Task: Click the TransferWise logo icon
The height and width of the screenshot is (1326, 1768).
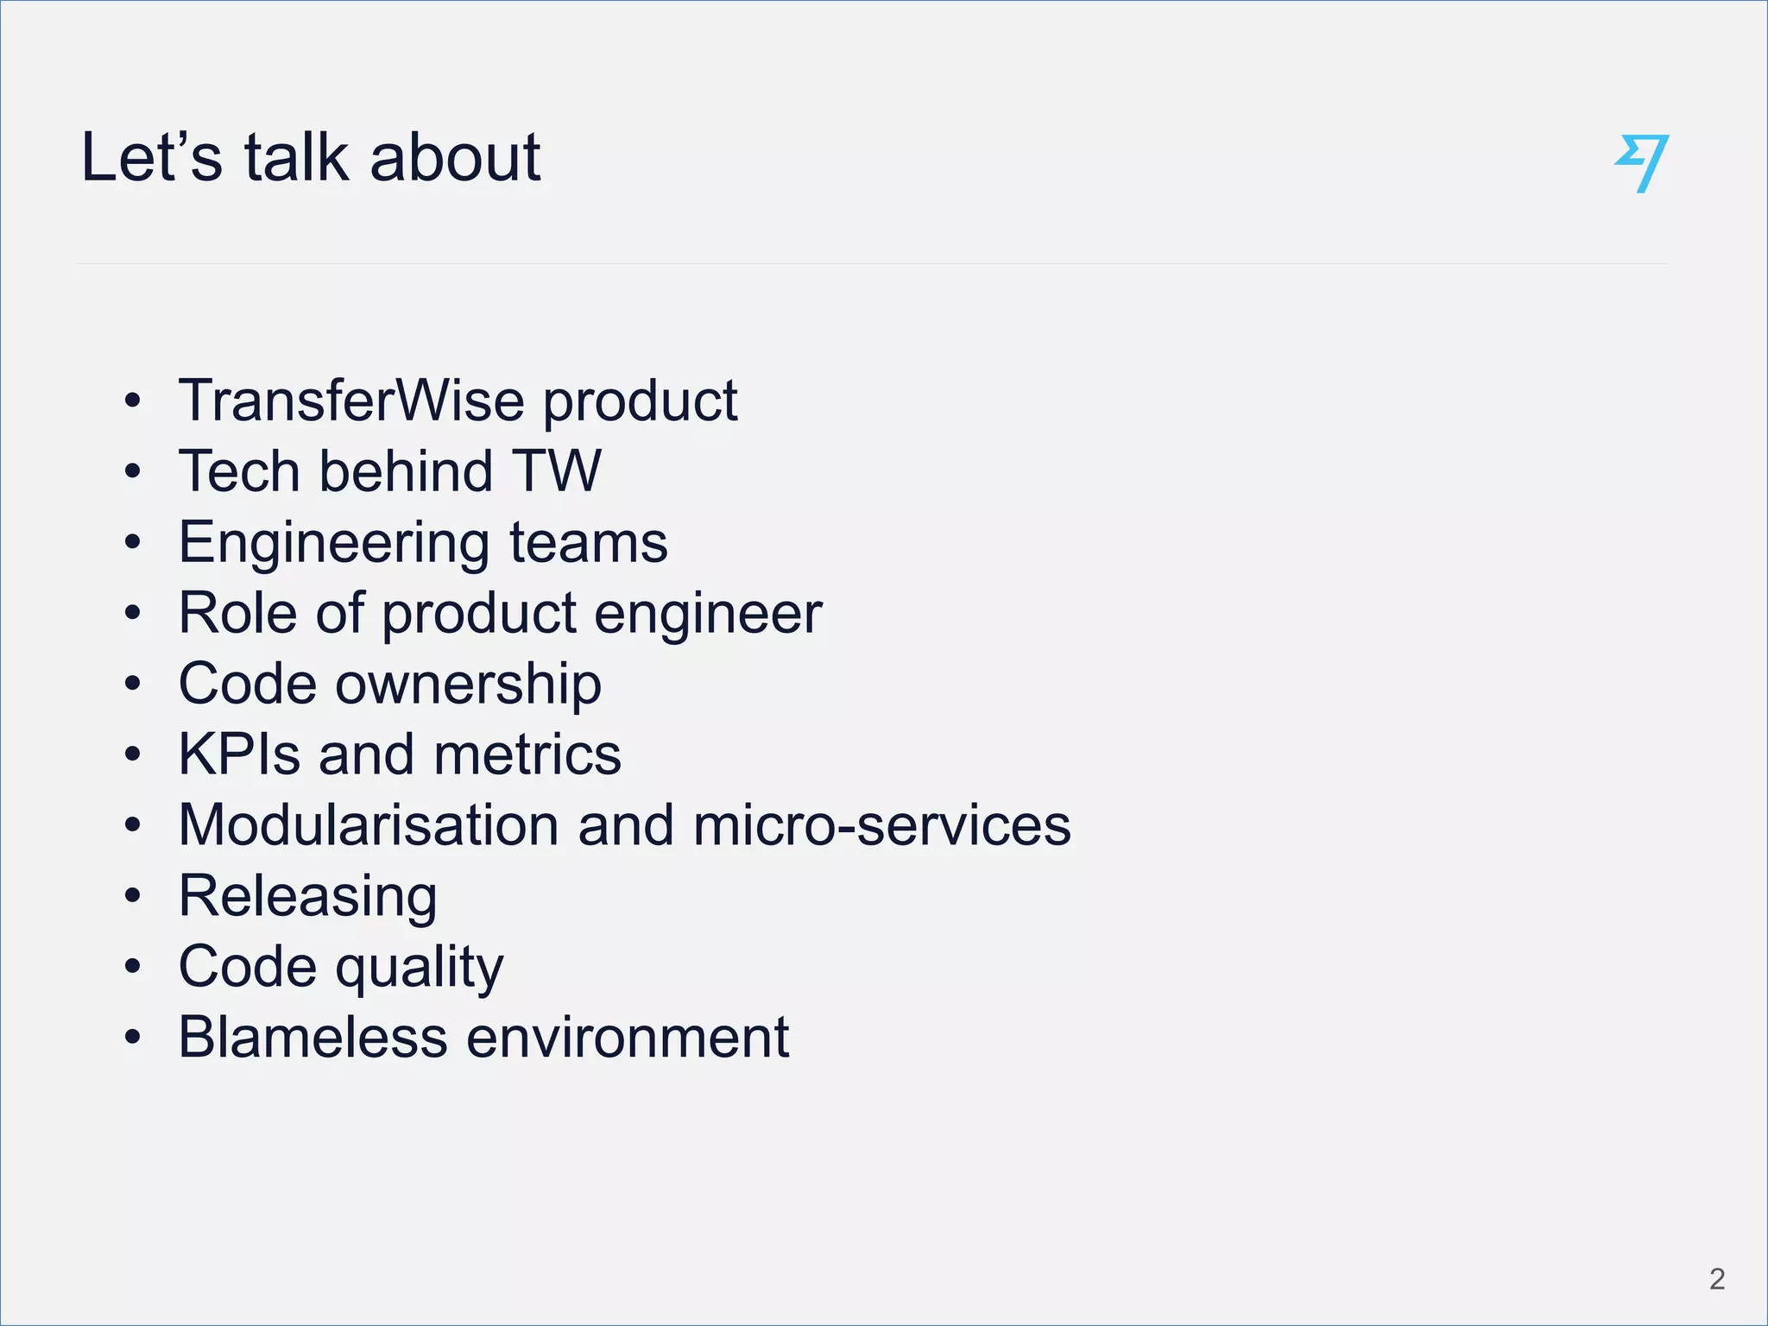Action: [1641, 162]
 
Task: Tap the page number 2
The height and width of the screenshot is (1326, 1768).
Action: [1716, 1279]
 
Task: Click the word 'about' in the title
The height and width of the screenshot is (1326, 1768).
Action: [455, 158]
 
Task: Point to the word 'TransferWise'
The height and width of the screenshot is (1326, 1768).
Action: [351, 401]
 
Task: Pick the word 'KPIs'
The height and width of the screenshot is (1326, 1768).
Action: [238, 755]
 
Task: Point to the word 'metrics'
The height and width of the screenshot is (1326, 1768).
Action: [527, 755]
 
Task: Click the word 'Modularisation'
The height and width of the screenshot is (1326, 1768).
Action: [369, 825]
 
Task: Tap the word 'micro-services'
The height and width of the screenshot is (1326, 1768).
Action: [881, 825]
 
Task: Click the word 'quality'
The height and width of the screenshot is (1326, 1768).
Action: [420, 968]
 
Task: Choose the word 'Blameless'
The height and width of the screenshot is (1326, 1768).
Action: [313, 1037]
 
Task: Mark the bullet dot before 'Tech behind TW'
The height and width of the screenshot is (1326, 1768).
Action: [132, 472]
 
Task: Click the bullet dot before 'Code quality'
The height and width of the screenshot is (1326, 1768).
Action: [132, 967]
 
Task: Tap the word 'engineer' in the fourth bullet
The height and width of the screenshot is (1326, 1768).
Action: [708, 615]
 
